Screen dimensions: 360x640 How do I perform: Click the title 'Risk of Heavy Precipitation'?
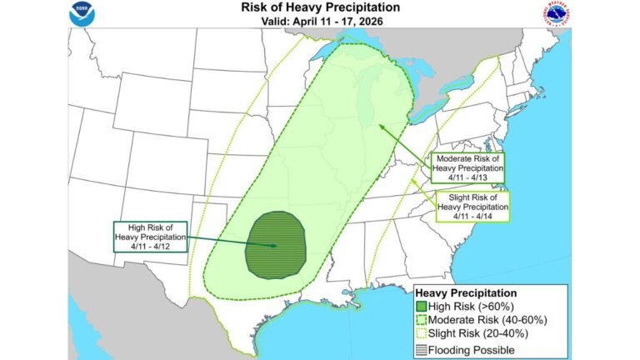pos(319,7)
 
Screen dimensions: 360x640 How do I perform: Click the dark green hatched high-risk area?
pos(276,245)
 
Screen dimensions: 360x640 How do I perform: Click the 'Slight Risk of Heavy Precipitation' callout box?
pos(472,205)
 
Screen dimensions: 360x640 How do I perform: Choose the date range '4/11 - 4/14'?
pos(472,215)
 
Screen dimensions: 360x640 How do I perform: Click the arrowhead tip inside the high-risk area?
pos(276,246)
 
